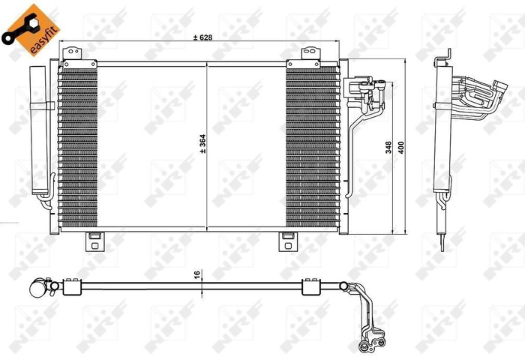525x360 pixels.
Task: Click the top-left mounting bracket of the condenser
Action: [x=73, y=54]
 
